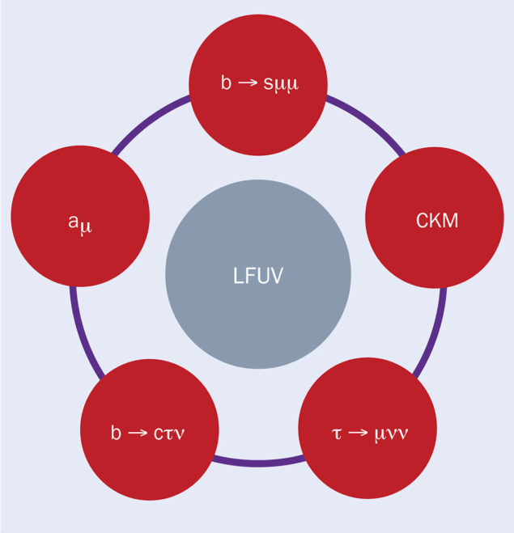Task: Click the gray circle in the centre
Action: pos(257,275)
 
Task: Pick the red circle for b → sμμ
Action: pos(257,83)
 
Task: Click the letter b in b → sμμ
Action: pos(226,82)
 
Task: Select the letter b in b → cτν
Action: pos(116,432)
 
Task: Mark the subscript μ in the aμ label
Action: pos(86,227)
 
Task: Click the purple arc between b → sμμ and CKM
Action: pos(367,122)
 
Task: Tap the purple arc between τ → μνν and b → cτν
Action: pos(257,463)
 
